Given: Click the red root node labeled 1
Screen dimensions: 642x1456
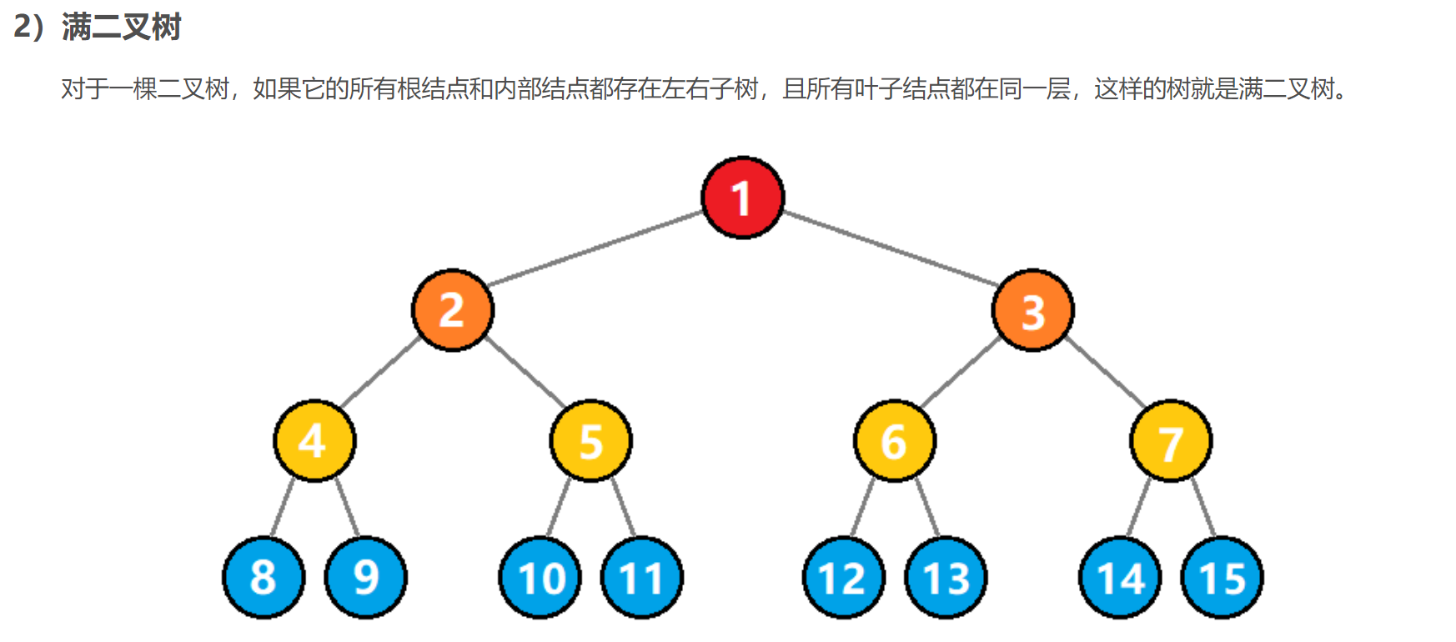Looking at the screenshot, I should [x=742, y=198].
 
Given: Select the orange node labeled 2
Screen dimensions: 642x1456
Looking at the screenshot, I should [x=453, y=310].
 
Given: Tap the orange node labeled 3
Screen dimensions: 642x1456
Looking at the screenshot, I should [x=1032, y=310].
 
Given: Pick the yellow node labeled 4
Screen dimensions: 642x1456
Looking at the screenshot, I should [x=314, y=440].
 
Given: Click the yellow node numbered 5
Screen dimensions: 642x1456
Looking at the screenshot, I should [x=590, y=440].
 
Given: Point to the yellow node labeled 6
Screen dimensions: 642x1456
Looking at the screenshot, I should [x=894, y=440].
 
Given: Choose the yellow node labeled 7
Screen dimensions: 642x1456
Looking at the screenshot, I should [x=1170, y=440].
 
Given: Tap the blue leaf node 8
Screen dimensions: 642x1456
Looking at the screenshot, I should [x=264, y=577].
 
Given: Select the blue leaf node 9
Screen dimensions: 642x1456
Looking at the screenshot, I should [x=365, y=577].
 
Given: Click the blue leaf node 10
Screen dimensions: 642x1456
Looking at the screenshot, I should [x=540, y=577].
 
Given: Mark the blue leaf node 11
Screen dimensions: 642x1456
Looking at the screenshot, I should [x=641, y=577].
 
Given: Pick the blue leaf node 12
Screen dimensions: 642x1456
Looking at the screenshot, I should [x=843, y=577].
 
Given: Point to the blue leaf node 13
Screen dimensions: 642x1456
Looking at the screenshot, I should [x=946, y=577].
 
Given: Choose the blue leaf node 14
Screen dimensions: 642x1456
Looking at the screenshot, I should [x=1120, y=577].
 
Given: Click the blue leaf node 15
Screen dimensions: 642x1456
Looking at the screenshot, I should [x=1222, y=577].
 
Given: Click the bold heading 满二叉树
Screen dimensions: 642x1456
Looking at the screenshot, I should [x=121, y=28].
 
